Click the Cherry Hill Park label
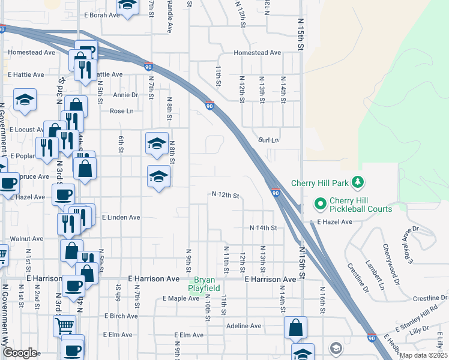coord(321,183)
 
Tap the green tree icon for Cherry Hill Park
coord(358,181)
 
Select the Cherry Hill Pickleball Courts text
coord(360,205)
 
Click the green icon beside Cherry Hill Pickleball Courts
coord(320,205)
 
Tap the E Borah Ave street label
coord(103,14)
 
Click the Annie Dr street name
coord(125,95)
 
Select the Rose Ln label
coord(121,111)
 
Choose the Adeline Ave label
coord(244,326)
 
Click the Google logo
coord(19,353)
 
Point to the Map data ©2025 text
coord(423,355)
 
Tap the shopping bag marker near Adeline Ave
coord(295,329)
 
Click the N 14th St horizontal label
coord(263,228)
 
